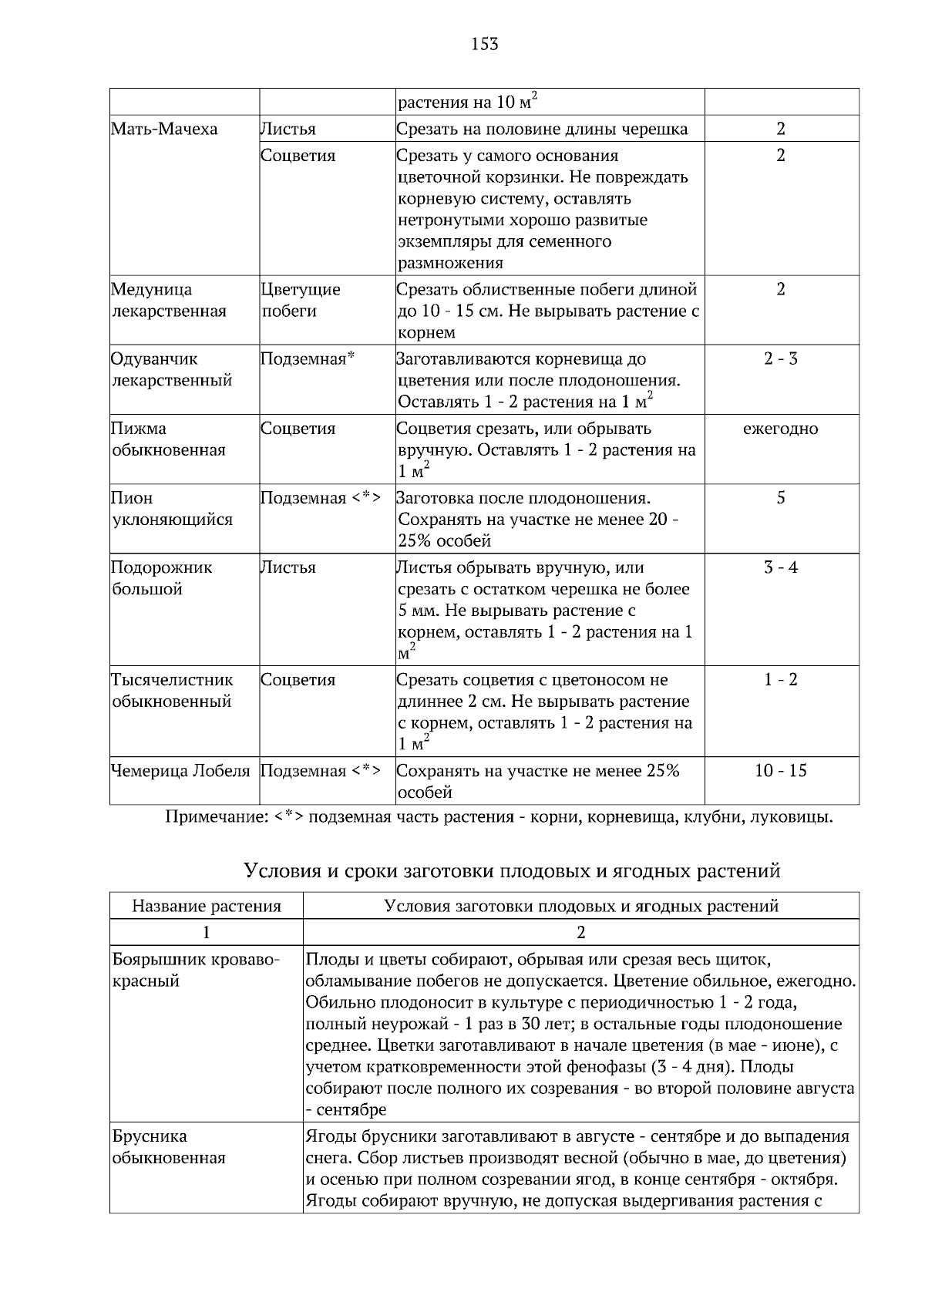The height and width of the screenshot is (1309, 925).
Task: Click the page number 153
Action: click(484, 44)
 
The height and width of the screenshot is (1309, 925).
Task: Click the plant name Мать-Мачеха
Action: click(164, 129)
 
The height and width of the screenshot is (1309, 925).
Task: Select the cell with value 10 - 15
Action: click(780, 771)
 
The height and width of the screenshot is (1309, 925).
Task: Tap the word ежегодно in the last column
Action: click(780, 429)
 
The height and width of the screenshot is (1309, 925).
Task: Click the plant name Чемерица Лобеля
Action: click(181, 771)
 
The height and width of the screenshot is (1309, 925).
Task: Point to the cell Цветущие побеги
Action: click(301, 300)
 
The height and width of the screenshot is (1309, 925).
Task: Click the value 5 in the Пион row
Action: click(780, 498)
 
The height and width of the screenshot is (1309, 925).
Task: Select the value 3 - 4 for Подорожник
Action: click(780, 567)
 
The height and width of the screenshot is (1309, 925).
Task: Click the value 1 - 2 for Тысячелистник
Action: click(780, 680)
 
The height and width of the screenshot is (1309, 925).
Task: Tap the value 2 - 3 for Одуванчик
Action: click(780, 359)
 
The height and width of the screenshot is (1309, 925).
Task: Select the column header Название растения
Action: click(207, 906)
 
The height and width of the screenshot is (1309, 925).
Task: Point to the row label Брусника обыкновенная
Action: click(169, 1147)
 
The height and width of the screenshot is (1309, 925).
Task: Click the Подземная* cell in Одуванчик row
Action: click(307, 359)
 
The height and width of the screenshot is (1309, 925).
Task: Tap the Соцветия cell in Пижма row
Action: click(298, 429)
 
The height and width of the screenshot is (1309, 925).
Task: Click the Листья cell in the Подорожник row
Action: click(288, 567)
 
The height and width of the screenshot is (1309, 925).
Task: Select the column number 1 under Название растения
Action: click(206, 932)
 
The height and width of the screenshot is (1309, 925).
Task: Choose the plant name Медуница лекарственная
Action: click(170, 300)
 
